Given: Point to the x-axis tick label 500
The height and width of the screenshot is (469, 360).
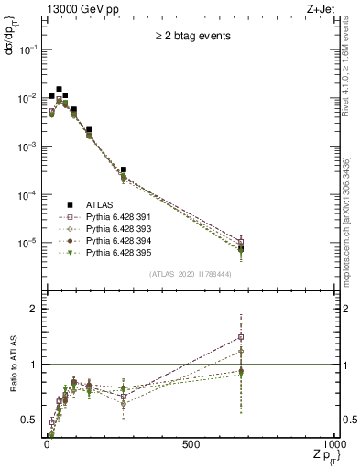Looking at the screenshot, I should [x=191, y=444].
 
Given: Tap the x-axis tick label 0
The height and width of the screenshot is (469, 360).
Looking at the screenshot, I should [x=46, y=444].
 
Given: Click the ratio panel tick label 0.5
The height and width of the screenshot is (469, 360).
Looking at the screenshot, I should [x=27, y=420].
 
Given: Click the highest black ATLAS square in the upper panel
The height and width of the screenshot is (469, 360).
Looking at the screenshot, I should [x=60, y=89].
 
